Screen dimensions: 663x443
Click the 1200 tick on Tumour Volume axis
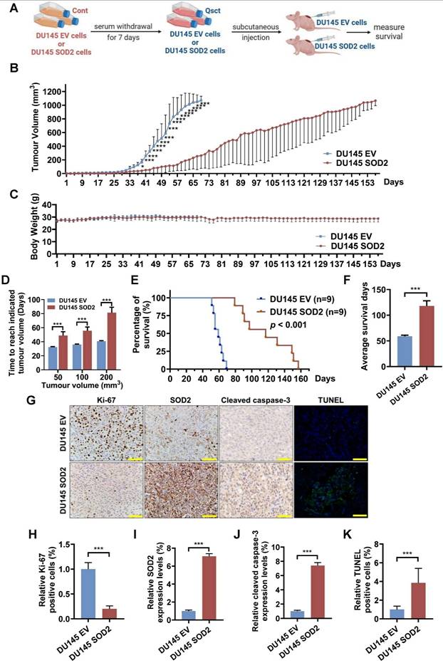[54, 91]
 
